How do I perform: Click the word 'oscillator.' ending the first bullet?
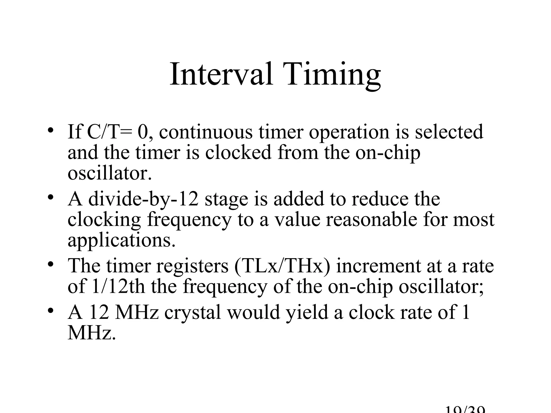coord(110,173)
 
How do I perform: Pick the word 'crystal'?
coord(192,313)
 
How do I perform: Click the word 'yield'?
coord(307,313)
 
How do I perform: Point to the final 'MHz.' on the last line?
coord(91,333)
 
